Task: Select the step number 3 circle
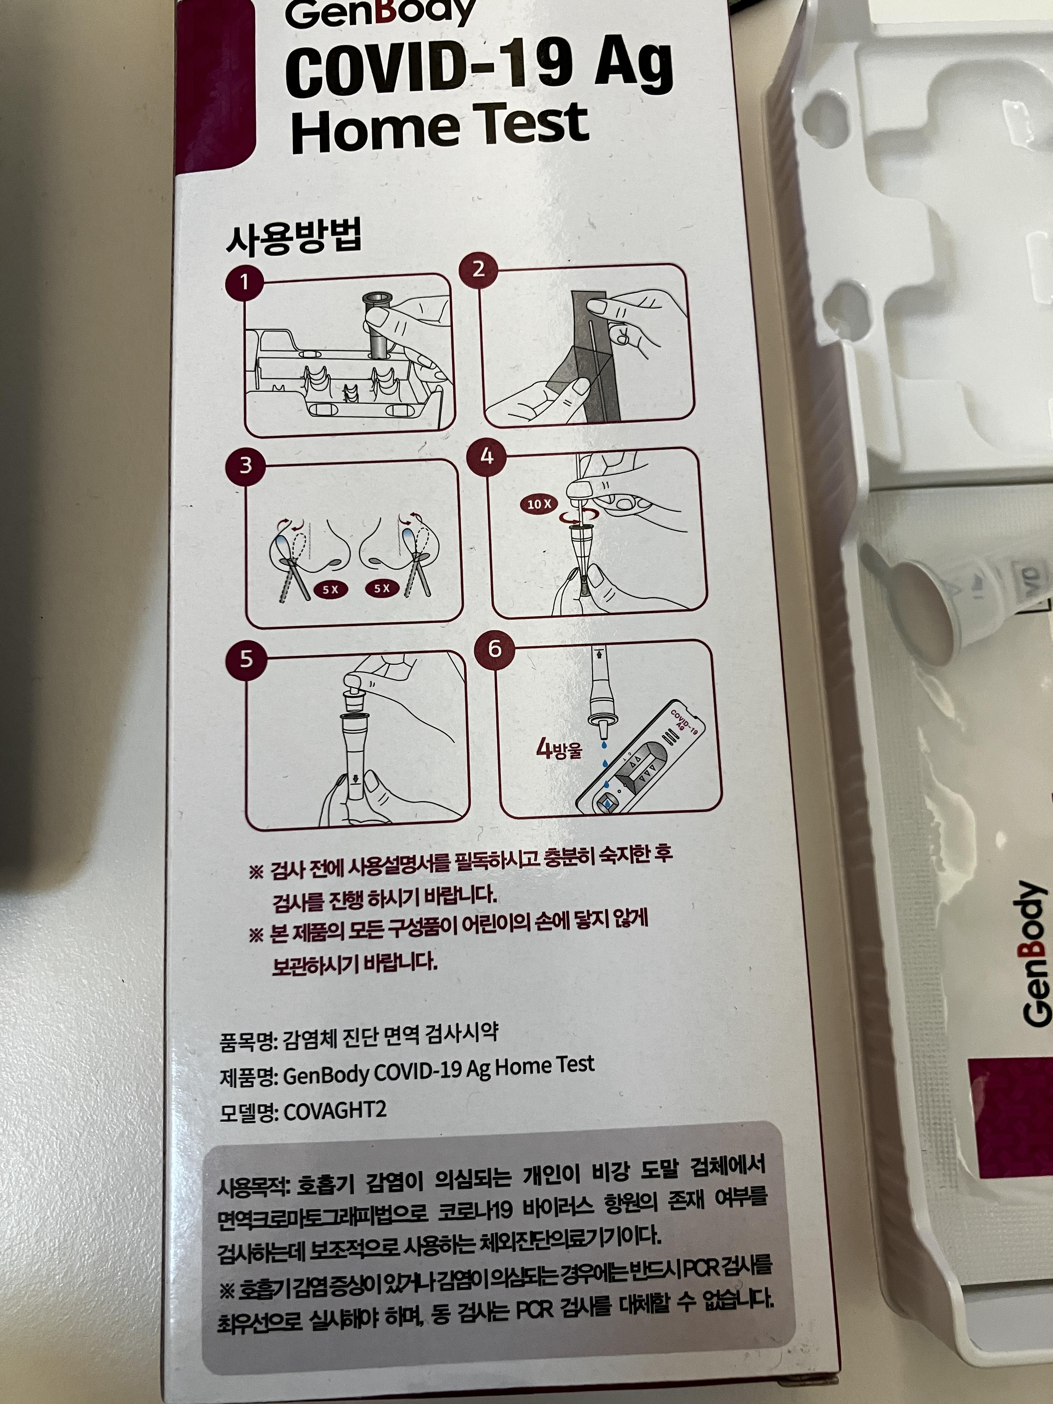(245, 465)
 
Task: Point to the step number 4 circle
(486, 456)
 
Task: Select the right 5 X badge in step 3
(381, 588)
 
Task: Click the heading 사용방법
(294, 237)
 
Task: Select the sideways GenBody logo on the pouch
(1033, 952)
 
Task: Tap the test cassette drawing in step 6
(641, 758)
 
